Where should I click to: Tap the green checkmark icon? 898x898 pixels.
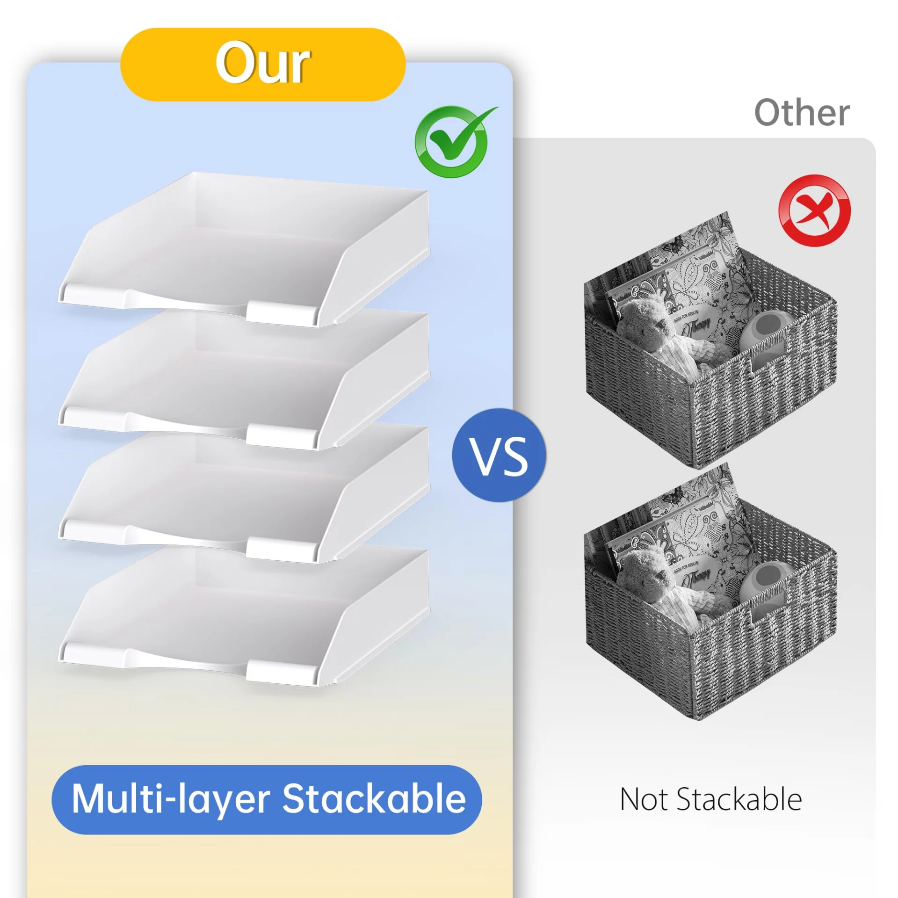click(x=451, y=141)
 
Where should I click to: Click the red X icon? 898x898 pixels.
click(x=814, y=210)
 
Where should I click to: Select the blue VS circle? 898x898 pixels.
click(x=499, y=455)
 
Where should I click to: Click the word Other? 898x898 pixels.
click(x=802, y=113)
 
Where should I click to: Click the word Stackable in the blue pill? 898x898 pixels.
click(x=374, y=799)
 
